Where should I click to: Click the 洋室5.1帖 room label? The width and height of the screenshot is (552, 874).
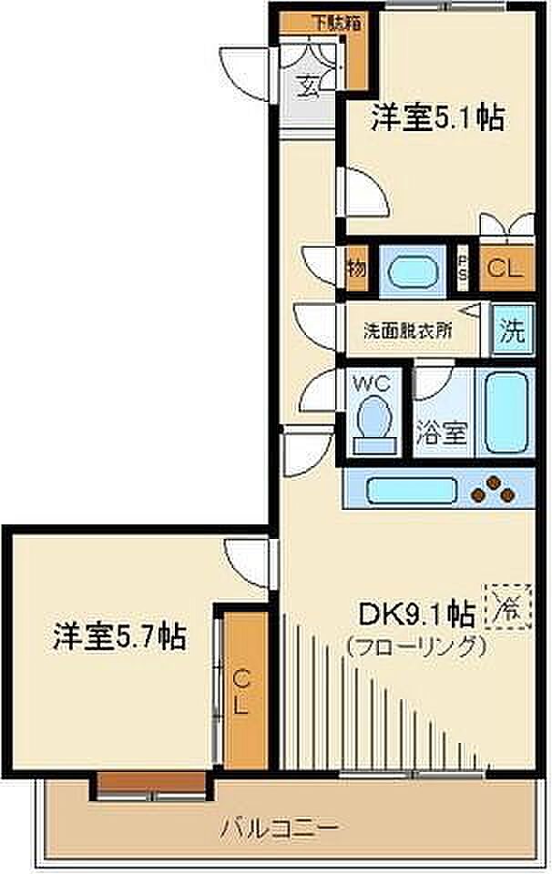pos(437,118)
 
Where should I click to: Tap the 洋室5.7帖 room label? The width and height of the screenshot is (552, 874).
pos(119,635)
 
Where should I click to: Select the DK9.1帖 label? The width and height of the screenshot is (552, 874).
pos(415,614)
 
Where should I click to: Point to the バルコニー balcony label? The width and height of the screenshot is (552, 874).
pos(280,828)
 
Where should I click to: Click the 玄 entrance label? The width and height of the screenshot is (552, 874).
pos(310,87)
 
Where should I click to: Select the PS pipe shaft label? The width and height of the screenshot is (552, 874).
pos(462,269)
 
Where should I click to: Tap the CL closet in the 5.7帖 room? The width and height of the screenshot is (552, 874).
pos(241,692)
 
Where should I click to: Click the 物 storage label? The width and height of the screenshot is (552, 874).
pos(356,269)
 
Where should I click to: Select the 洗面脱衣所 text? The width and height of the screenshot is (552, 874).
pos(407,332)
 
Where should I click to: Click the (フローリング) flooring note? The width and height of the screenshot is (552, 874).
pos(415,646)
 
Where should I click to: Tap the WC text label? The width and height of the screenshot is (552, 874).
pos(373,383)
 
